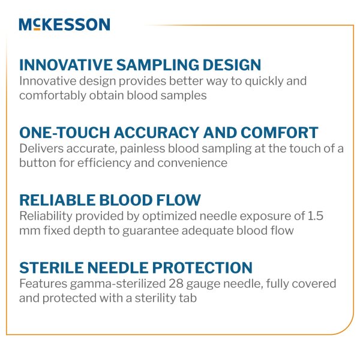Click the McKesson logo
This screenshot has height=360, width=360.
64,25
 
